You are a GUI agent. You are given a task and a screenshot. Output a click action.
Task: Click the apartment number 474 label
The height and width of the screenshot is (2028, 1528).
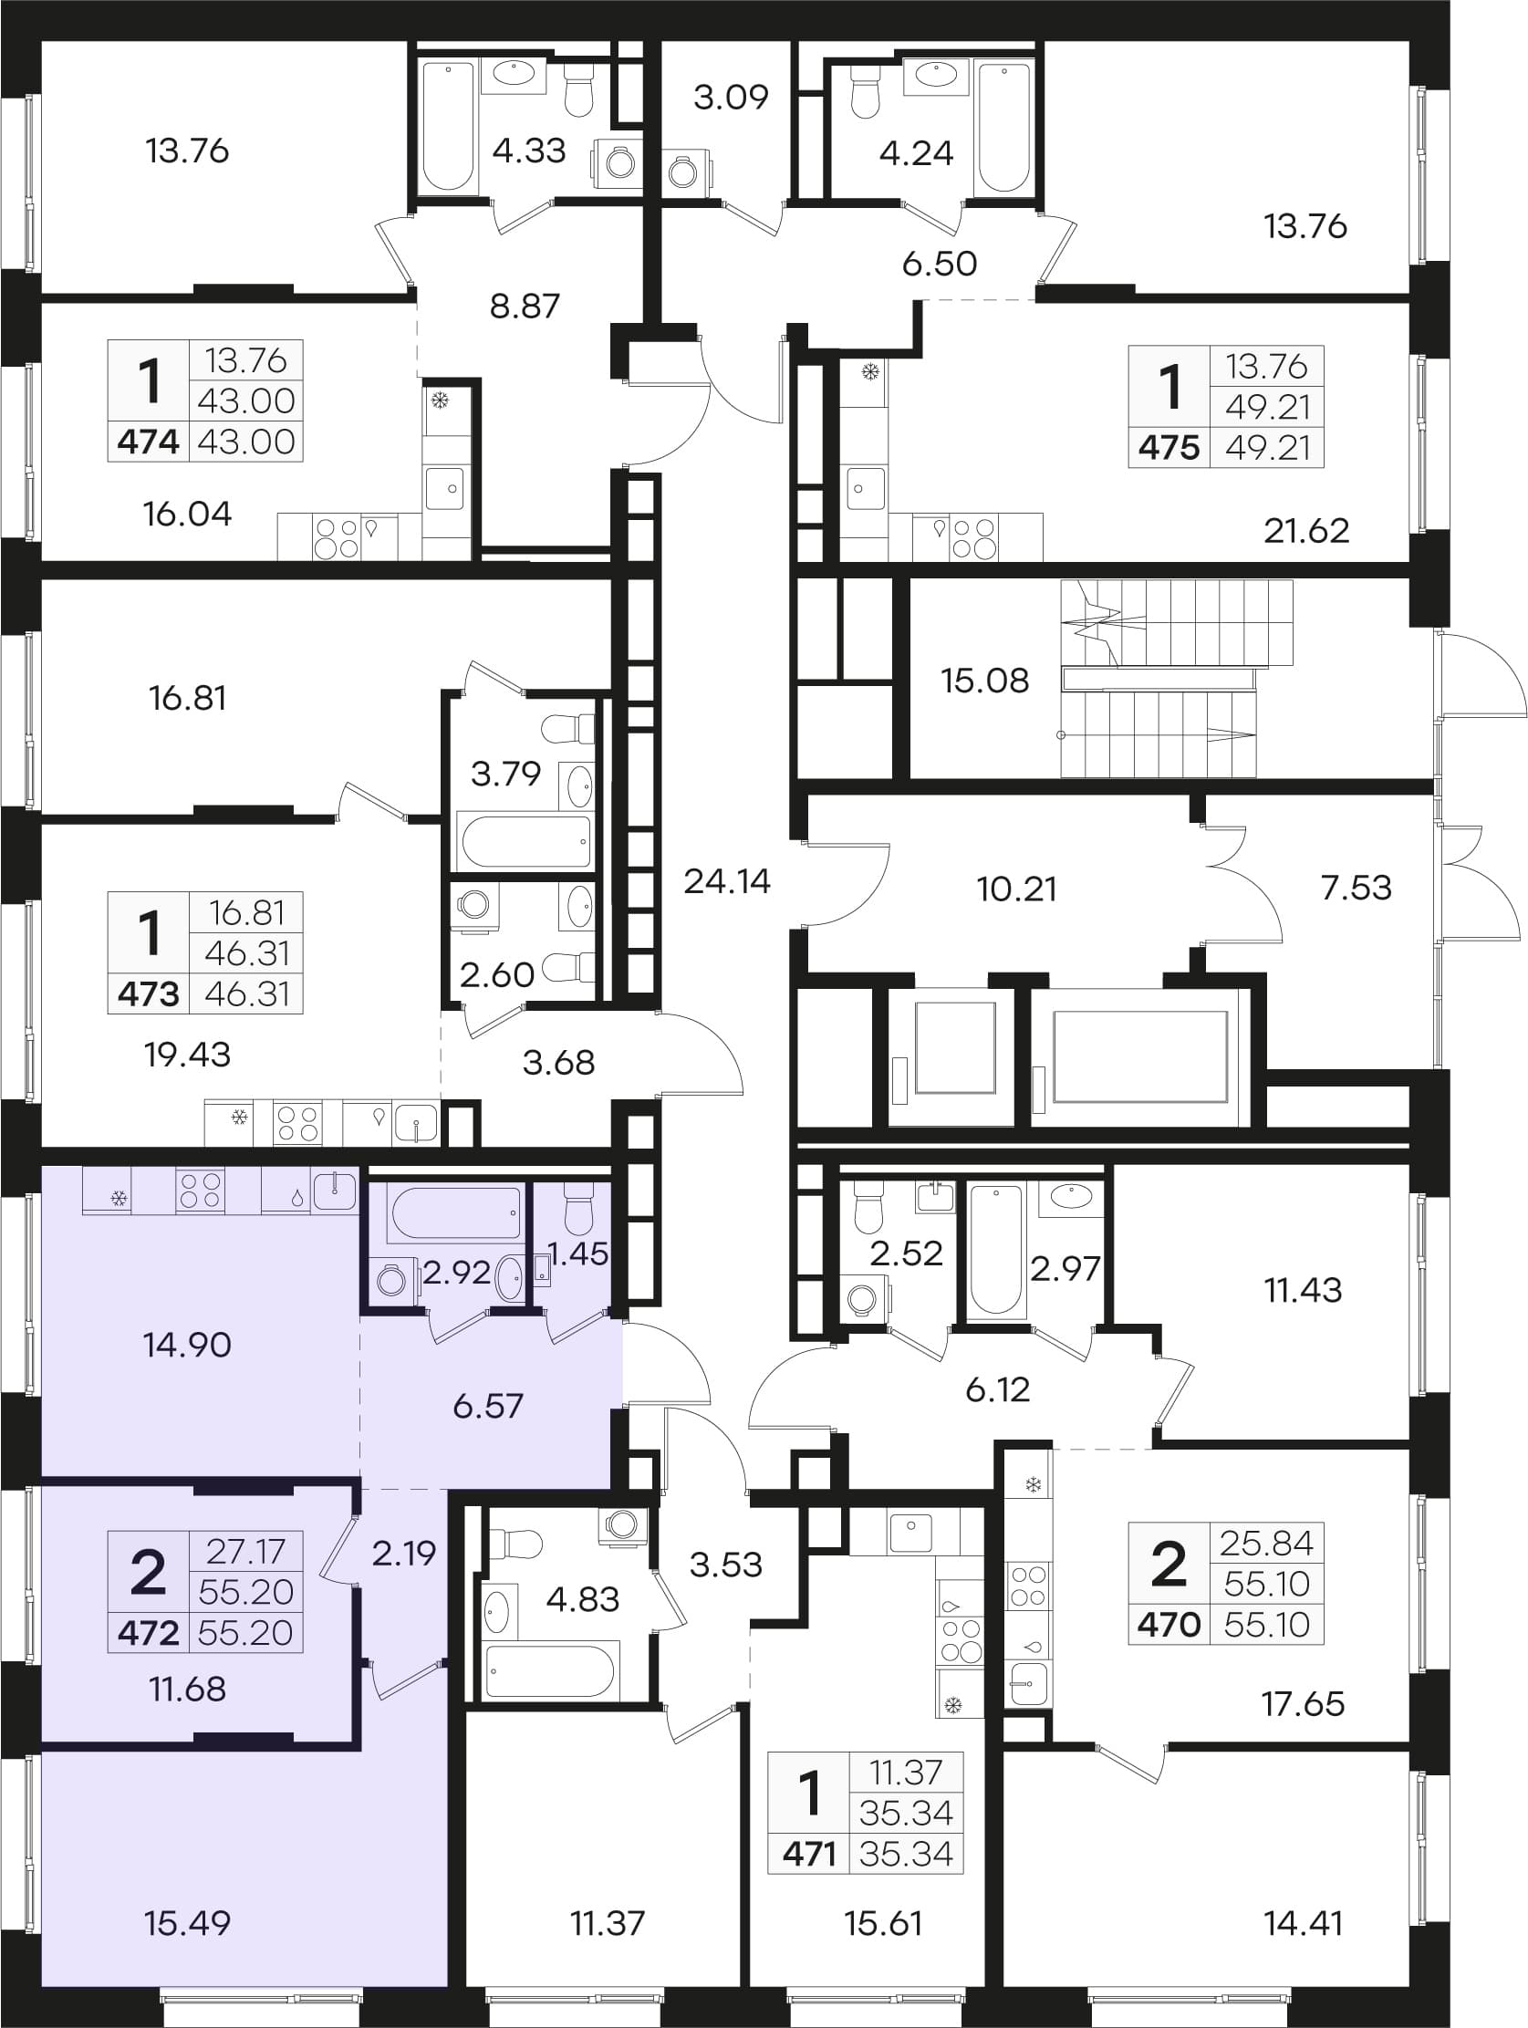(x=149, y=442)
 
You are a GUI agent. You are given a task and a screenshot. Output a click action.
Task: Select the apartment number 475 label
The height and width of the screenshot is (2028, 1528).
(x=1169, y=447)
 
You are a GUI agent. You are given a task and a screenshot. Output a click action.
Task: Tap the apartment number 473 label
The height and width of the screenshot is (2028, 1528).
(x=149, y=993)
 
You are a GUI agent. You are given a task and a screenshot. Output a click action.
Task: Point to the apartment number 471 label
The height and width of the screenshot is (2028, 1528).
(x=809, y=1854)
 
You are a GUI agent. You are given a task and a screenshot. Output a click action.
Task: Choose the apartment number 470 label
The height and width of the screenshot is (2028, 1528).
(x=1169, y=1625)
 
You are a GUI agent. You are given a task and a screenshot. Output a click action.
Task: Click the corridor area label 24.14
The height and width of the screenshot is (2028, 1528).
(x=727, y=881)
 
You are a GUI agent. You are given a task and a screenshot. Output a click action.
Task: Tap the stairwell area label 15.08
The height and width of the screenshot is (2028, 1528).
(x=984, y=681)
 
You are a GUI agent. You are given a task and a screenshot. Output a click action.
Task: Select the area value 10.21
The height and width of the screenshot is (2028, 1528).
(x=1016, y=889)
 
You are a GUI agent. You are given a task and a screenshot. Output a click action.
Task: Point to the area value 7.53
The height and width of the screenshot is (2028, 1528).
(x=1356, y=887)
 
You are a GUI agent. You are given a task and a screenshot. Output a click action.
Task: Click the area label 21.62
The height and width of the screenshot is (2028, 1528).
(x=1306, y=530)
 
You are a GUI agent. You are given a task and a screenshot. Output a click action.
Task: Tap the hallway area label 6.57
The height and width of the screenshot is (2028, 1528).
(x=488, y=1406)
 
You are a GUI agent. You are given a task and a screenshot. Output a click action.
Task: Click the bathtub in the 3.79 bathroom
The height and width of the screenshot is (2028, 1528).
(x=525, y=841)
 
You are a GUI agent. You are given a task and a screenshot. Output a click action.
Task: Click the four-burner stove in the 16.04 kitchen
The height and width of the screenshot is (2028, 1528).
(x=336, y=537)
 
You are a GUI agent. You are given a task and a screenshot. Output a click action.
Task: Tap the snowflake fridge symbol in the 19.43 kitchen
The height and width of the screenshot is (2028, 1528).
(x=239, y=1118)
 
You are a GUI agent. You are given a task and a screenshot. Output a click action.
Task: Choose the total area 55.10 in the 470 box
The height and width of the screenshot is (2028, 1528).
(x=1267, y=1625)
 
